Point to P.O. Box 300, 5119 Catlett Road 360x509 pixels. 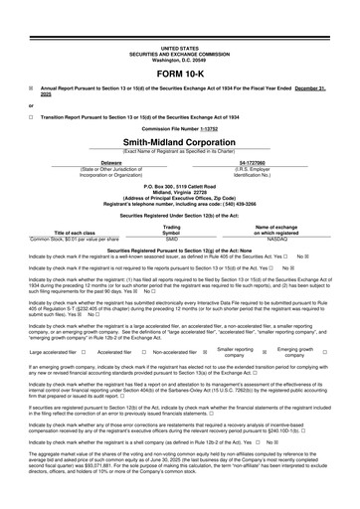click(179, 184)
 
